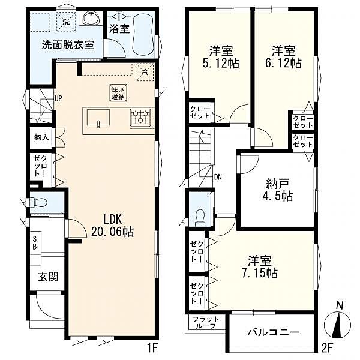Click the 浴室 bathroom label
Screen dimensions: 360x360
119,29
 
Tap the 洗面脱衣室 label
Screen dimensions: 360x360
68,45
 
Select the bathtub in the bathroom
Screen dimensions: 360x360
143,35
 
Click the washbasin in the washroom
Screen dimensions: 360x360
91,18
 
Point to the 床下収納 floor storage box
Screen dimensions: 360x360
118,93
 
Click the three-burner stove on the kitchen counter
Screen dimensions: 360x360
140,117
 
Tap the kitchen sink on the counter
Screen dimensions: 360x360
98,118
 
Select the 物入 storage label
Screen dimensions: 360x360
41,137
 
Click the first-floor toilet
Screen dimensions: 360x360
38,203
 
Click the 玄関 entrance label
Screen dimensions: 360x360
48,277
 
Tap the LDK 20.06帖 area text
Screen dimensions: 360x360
112,226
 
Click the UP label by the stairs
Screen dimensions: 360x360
58,99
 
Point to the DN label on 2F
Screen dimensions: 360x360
218,177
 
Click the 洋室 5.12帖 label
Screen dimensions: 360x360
221,57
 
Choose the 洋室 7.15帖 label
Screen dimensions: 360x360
260,266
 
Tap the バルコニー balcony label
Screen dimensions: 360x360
274,332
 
